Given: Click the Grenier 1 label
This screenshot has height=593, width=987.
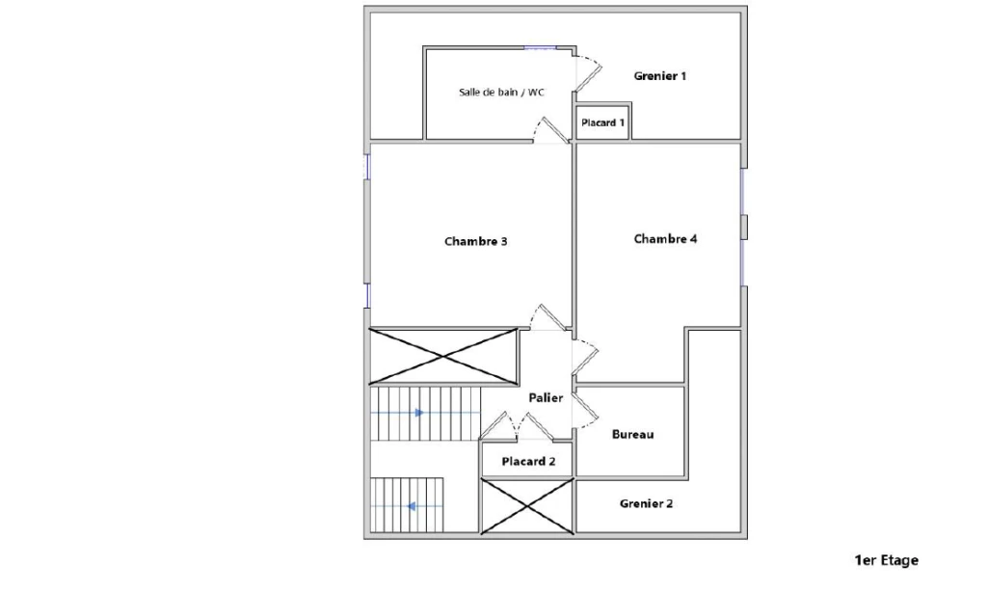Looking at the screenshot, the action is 659,76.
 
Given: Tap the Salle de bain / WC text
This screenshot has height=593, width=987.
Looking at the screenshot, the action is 501,92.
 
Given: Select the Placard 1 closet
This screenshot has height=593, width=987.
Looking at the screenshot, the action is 603,122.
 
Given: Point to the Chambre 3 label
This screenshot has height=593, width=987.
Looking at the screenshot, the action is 476,241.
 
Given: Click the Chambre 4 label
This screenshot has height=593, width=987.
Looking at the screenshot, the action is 665,238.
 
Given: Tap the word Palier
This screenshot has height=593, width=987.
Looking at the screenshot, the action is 546,398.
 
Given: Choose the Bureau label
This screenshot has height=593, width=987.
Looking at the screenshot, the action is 632,434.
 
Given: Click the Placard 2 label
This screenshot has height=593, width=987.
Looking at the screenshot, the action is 528,462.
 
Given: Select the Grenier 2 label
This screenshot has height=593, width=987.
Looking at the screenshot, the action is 646,503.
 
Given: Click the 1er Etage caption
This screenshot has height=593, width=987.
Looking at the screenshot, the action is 887,560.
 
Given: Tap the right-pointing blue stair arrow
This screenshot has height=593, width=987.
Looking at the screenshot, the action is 419,413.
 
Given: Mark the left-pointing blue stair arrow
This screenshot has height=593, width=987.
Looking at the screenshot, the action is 411,506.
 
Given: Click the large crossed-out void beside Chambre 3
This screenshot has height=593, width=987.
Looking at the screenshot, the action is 443,357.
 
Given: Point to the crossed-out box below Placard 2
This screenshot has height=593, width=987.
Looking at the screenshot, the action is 527,506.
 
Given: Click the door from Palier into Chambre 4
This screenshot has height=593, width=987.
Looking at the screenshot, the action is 585,357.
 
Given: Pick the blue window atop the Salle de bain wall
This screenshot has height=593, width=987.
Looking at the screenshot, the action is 541,47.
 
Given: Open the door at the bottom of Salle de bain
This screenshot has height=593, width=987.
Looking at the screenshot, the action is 551,130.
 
